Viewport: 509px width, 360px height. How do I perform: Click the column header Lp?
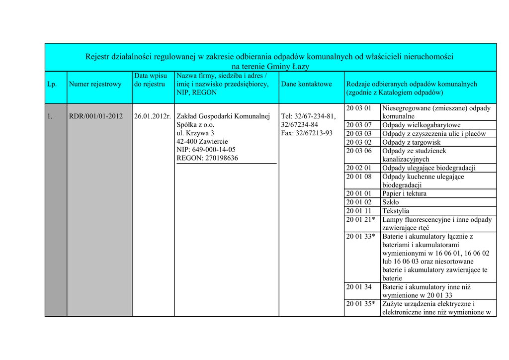click(52, 84)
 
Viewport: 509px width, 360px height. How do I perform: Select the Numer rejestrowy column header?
click(95, 84)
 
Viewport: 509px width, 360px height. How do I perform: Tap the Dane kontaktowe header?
click(306, 84)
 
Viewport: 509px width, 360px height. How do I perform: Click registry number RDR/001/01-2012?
click(95, 116)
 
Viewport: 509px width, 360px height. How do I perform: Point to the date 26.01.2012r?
click(153, 116)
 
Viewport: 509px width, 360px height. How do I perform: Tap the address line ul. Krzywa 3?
click(195, 133)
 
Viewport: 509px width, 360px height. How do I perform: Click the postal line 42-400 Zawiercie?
click(202, 141)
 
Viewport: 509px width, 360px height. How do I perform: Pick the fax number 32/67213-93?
click(315, 133)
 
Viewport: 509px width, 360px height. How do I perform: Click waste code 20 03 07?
click(358, 125)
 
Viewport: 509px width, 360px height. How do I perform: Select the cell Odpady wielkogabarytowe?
click(421, 125)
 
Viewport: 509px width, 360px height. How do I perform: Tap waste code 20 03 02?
click(358, 143)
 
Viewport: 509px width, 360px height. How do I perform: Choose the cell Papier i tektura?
click(404, 193)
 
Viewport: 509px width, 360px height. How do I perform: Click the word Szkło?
click(391, 202)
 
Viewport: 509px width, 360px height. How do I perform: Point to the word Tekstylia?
click(395, 211)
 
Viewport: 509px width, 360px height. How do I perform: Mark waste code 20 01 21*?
click(360, 220)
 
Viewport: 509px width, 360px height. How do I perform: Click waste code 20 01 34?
click(358, 287)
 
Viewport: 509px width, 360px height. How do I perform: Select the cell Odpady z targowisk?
click(411, 143)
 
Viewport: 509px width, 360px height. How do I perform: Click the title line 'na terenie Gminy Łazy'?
click(270, 67)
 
